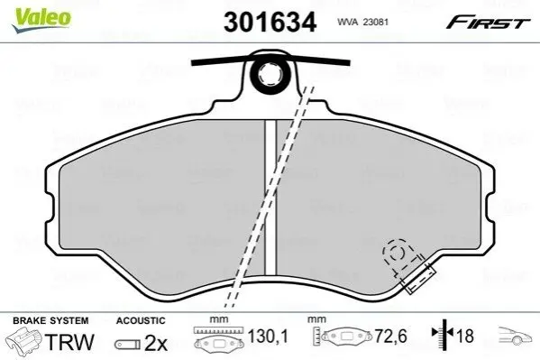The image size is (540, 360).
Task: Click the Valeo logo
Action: (x=41, y=20)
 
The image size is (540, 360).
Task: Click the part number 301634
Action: (x=270, y=22)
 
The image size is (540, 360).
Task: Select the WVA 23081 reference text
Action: (x=362, y=22)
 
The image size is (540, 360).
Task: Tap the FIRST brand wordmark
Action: (x=488, y=23)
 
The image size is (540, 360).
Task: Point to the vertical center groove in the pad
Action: (x=270, y=198)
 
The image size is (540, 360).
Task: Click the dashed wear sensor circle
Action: (x=397, y=253)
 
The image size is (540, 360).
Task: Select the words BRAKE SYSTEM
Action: (x=50, y=320)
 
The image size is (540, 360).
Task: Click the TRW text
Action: (x=69, y=342)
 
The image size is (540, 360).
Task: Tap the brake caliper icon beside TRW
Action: (x=24, y=339)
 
